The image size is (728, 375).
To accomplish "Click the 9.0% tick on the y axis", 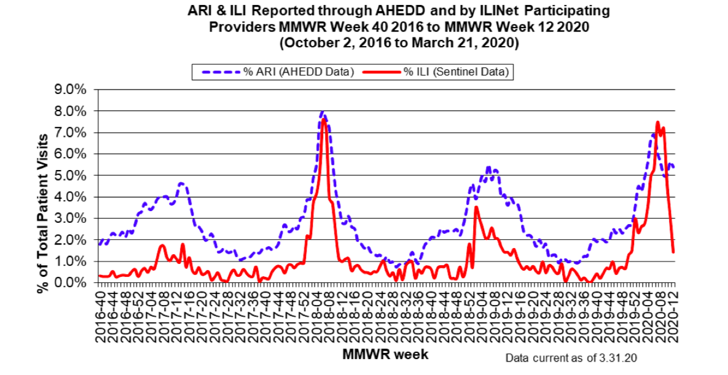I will coord(72,90).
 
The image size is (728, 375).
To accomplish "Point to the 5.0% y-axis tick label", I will coord(72,176).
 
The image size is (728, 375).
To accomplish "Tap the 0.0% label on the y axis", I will coord(72,283).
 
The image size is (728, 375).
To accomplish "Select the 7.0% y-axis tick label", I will coord(72,133).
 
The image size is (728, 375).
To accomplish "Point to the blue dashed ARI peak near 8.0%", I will coord(323,112).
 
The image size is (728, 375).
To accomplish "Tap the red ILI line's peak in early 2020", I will coord(657,122).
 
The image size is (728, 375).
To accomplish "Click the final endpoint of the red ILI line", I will coord(673,252).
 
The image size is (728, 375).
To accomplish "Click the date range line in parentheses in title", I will coord(399,44).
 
